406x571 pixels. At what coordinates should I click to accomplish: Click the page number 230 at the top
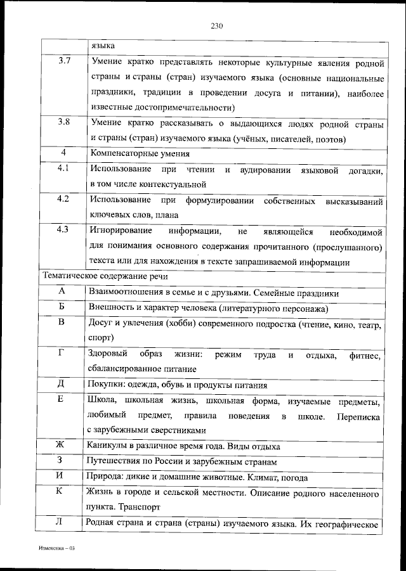coord(216,26)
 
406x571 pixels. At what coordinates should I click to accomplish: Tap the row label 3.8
coord(63,122)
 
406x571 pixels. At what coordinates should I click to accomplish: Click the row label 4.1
coord(63,169)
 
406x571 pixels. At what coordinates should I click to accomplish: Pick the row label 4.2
coord(63,200)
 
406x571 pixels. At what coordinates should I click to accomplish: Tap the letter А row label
coord(62,292)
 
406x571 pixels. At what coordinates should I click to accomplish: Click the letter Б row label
coord(62,307)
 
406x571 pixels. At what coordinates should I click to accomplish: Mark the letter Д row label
coord(62,384)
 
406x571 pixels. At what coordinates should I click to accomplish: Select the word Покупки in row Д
coord(106,385)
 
